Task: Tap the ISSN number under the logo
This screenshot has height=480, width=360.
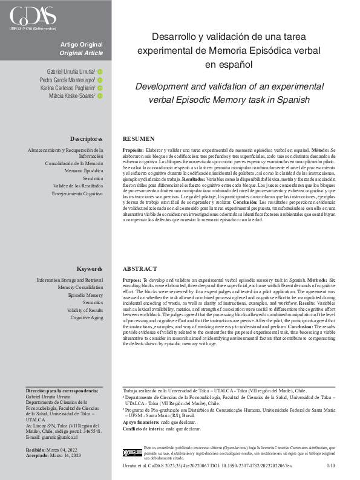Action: click(x=33, y=28)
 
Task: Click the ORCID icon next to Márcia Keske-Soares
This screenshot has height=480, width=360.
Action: click(x=100, y=96)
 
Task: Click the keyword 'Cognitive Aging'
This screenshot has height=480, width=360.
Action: click(x=87, y=317)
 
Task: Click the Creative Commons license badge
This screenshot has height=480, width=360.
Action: click(x=132, y=452)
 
